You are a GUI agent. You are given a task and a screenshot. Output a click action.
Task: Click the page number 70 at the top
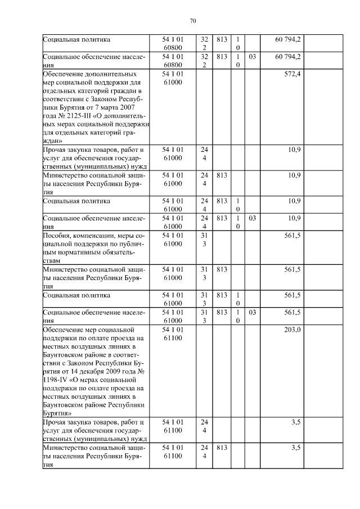(192, 21)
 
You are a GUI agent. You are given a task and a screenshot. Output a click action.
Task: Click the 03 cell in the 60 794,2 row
(253, 57)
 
